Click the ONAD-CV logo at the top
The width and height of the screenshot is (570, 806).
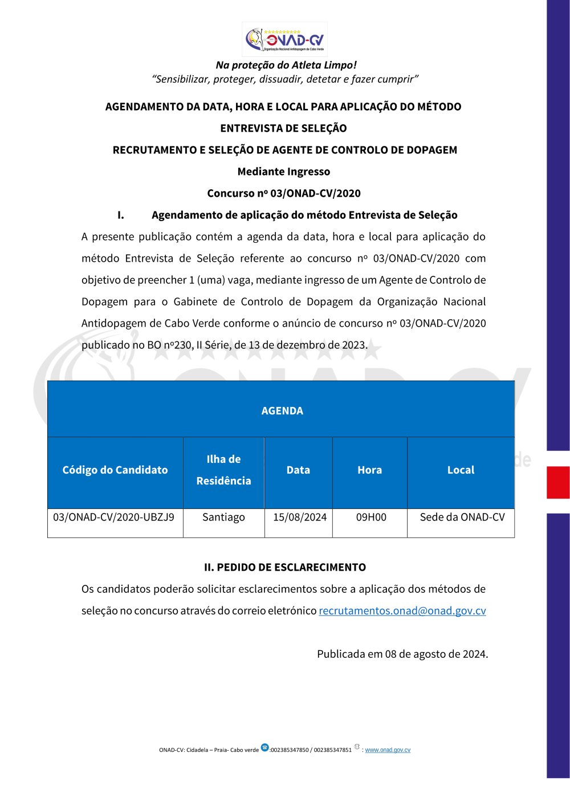(284, 39)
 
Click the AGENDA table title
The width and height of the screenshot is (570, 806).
(282, 411)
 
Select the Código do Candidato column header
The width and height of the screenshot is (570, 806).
(115, 470)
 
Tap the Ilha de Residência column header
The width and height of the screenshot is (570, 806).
(223, 470)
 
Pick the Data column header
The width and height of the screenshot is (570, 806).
(298, 470)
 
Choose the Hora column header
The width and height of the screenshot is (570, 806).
(369, 470)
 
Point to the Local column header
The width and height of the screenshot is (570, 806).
(461, 470)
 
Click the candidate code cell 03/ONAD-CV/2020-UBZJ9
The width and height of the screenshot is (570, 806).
(114, 518)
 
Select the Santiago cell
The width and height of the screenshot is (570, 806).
(223, 518)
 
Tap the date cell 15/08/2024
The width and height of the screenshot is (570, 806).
(300, 518)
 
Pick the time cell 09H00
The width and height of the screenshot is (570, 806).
(371, 518)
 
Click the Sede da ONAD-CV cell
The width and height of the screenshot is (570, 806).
(462, 518)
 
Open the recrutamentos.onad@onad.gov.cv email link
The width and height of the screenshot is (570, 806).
(402, 611)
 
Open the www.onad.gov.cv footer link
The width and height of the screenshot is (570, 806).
(388, 750)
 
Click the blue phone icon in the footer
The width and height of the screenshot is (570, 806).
(264, 747)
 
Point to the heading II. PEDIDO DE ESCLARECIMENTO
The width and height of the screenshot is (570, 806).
(285, 568)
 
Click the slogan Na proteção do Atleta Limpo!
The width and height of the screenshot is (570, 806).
(286, 65)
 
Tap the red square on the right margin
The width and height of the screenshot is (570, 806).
(558, 482)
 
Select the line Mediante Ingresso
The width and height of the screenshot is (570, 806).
(284, 172)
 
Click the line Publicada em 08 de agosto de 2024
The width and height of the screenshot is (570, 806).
(402, 654)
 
